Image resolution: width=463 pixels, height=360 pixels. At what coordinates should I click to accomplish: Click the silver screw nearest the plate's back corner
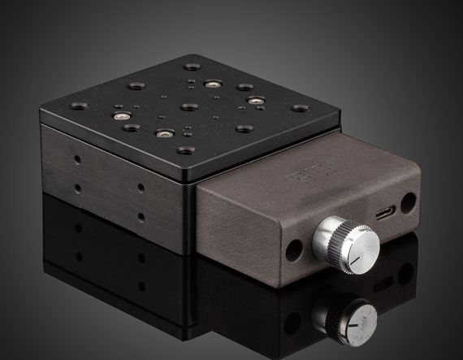(212, 83)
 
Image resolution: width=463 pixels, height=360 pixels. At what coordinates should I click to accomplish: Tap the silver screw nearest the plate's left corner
(122, 116)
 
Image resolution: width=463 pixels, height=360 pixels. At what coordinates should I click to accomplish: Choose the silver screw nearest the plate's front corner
(162, 134)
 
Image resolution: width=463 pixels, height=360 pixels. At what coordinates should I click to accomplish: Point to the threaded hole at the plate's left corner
(80, 106)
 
